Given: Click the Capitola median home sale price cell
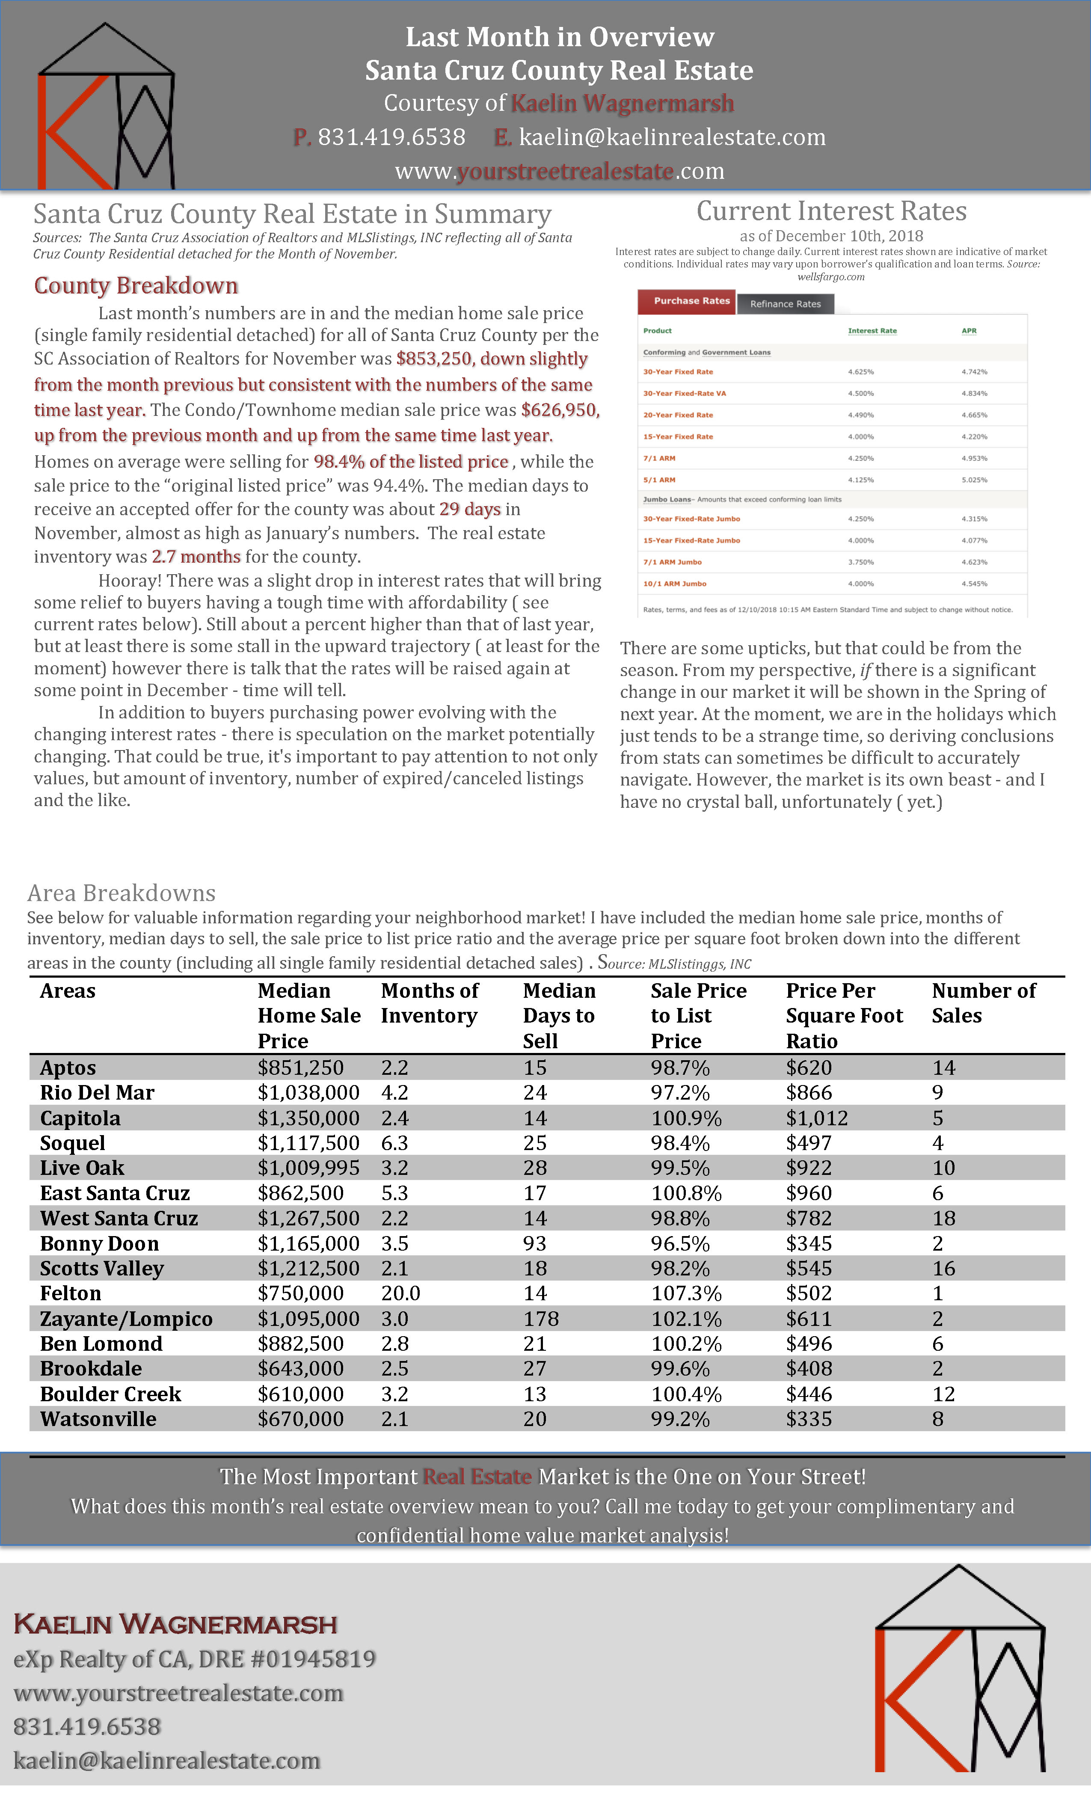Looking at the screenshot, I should tap(308, 1118).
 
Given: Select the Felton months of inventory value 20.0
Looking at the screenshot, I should tap(400, 1293).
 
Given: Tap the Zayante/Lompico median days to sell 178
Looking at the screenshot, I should tap(540, 1319).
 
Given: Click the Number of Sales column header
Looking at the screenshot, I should tap(983, 1003).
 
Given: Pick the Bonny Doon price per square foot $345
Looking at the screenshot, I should tap(809, 1243).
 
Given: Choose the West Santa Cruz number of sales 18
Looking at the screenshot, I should tap(944, 1218).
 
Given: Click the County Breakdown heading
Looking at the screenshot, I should tap(136, 285).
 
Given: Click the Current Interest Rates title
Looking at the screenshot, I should tap(831, 211).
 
